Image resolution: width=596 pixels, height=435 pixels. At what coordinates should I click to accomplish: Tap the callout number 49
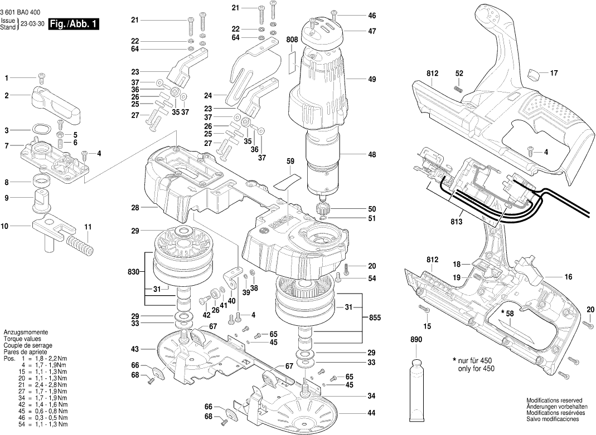372,80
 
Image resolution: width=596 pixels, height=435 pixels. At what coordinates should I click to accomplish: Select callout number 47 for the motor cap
372,32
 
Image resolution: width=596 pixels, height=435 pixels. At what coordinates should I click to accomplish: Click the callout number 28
134,208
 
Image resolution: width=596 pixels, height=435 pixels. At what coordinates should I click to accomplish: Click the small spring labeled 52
459,87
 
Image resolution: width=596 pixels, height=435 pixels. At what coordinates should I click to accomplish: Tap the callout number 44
371,413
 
